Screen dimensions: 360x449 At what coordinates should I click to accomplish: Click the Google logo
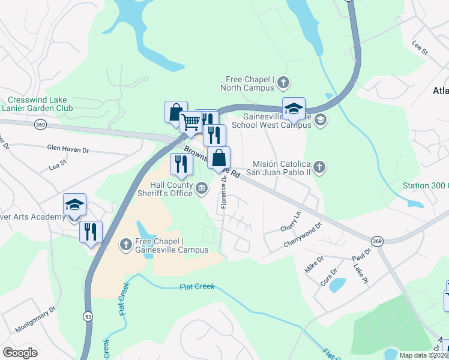pyautogui.click(x=20, y=353)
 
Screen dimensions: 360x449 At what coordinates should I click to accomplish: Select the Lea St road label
pyautogui.click(x=58, y=163)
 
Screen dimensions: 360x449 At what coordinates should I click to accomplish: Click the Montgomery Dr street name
pyautogui.click(x=35, y=319)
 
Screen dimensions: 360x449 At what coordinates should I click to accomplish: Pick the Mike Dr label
pyautogui.click(x=314, y=265)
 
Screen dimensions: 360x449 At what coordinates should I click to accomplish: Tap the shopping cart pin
pyautogui.click(x=191, y=122)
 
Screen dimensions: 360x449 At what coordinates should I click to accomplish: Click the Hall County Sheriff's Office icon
pyautogui.click(x=202, y=189)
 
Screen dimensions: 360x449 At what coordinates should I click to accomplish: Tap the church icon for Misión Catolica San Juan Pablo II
pyautogui.click(x=319, y=167)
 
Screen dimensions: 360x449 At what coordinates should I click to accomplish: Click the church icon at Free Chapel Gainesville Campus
pyautogui.click(x=126, y=244)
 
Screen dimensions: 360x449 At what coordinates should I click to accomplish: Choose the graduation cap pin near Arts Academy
pyautogui.click(x=75, y=205)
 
